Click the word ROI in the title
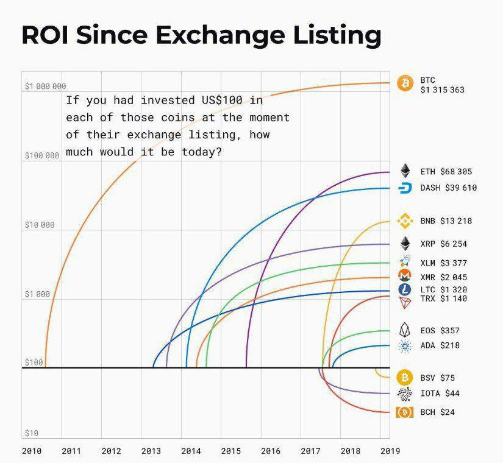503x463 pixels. point(45,35)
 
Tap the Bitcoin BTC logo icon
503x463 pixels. point(405,83)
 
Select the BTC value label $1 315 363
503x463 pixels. point(443,90)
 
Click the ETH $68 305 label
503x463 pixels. point(446,172)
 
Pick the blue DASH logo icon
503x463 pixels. point(405,188)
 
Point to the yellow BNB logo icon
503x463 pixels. point(405,221)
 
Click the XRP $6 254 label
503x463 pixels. point(444,244)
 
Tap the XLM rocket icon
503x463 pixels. point(405,261)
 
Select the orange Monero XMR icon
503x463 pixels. point(405,275)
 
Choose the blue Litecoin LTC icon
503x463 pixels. point(405,289)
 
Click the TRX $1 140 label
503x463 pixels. point(444,299)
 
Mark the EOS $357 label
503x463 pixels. point(440,330)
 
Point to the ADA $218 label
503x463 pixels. point(440,345)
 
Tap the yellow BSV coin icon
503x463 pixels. point(405,377)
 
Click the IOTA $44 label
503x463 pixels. point(440,393)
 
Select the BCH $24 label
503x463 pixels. point(438,412)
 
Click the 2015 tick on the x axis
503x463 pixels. point(230,451)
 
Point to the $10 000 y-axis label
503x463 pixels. point(40,225)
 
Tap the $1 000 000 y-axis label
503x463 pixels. point(45,87)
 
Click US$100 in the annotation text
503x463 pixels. point(222,101)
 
